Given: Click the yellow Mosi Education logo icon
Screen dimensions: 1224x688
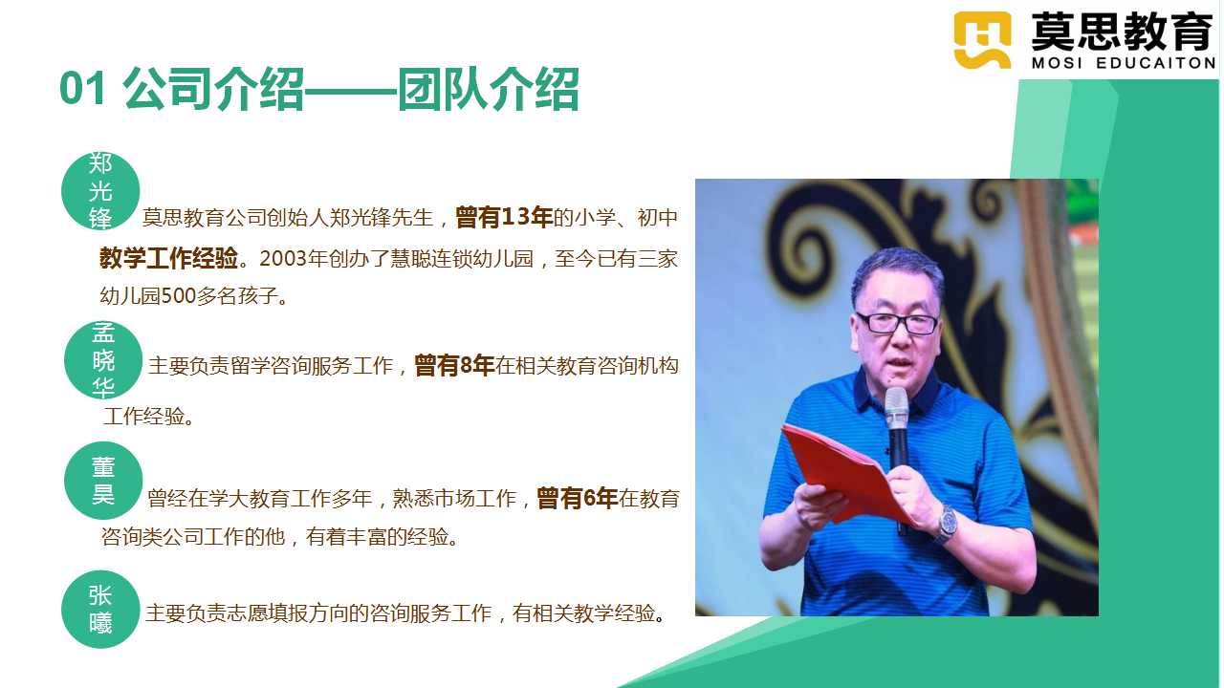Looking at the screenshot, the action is [x=982, y=40].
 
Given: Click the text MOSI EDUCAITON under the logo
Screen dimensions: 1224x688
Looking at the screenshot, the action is [x=1124, y=63].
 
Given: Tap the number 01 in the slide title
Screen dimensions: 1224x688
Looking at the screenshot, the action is [x=82, y=89].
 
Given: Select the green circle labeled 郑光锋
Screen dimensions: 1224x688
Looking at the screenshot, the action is [x=100, y=190].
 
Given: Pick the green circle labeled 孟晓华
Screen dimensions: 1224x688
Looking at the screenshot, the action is [x=103, y=360].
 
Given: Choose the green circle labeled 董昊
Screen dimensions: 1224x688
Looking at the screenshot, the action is [x=103, y=481].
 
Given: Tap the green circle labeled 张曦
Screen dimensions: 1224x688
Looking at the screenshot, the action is [x=100, y=610].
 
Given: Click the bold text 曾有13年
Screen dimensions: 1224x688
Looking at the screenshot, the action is [x=504, y=217].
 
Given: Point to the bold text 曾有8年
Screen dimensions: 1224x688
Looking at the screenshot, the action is [x=454, y=365].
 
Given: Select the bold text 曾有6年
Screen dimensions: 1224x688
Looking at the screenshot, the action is [x=577, y=498].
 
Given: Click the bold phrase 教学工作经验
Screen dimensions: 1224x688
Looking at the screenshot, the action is [x=169, y=258].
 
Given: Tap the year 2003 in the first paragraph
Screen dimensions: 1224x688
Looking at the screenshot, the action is [x=282, y=259].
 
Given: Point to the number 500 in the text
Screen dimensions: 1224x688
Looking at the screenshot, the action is [x=178, y=296].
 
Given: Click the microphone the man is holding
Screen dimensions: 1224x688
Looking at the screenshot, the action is [x=897, y=437].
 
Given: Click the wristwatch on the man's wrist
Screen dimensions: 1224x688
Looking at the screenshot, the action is [x=947, y=525].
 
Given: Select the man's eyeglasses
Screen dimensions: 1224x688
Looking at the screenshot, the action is [x=897, y=323].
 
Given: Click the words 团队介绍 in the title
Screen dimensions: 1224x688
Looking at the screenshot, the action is [x=489, y=89].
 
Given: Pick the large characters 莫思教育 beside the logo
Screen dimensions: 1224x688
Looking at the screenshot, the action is [x=1123, y=32].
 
